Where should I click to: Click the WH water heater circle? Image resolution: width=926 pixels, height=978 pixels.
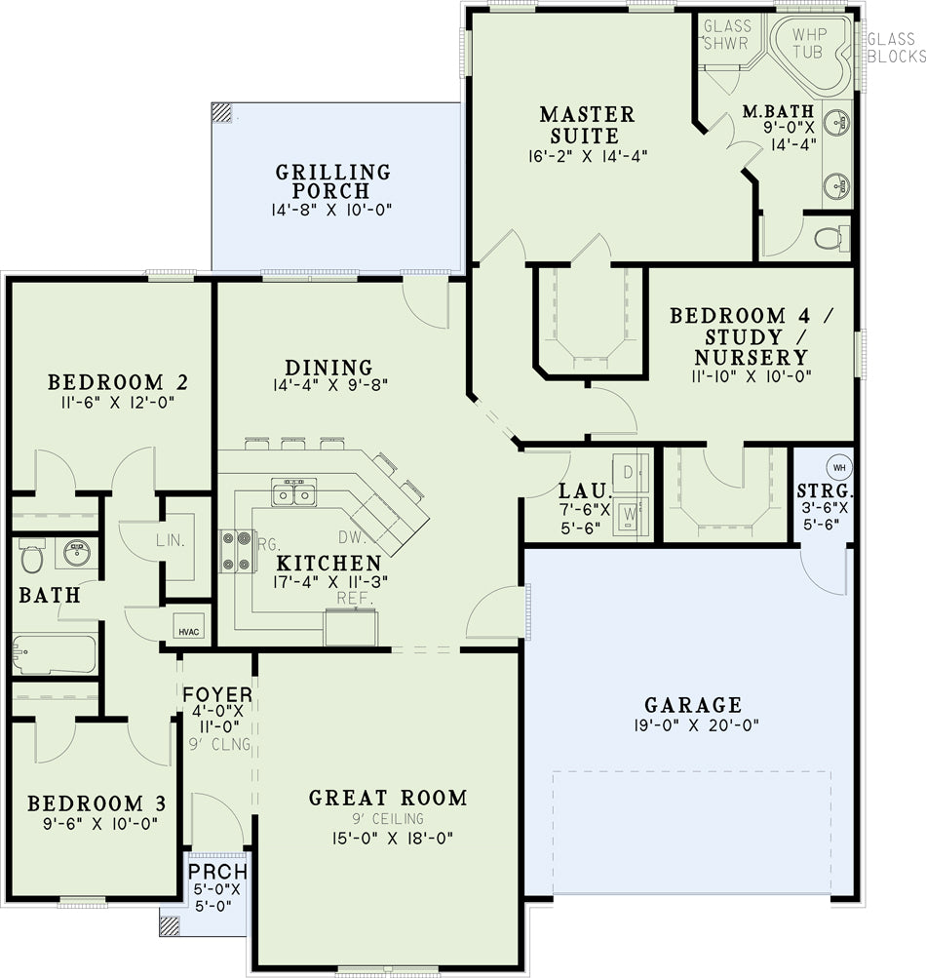(839, 467)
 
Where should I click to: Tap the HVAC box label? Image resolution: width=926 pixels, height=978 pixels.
(189, 632)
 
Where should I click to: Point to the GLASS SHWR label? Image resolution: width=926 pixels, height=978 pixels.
(727, 34)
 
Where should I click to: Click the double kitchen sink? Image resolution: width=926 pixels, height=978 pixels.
(293, 492)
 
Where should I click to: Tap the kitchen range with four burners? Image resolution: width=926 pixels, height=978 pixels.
(238, 551)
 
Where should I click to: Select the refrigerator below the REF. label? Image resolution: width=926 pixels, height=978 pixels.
(351, 628)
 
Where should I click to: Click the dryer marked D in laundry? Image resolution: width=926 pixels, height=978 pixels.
(630, 472)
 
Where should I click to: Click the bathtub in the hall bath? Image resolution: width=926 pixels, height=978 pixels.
(55, 654)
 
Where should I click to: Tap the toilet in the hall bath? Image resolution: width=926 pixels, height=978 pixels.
(30, 556)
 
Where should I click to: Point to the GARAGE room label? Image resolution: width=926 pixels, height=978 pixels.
(693, 705)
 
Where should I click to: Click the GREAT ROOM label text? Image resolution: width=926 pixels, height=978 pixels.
(388, 798)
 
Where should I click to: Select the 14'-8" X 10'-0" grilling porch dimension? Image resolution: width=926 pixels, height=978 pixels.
(331, 210)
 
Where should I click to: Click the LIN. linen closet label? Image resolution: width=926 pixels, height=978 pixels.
(171, 540)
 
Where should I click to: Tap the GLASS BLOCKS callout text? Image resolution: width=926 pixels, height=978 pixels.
(896, 48)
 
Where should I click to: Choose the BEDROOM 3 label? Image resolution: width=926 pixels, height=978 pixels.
(96, 803)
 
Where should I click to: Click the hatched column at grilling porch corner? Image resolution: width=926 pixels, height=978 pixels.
(221, 112)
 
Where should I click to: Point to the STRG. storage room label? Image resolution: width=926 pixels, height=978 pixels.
(825, 490)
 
